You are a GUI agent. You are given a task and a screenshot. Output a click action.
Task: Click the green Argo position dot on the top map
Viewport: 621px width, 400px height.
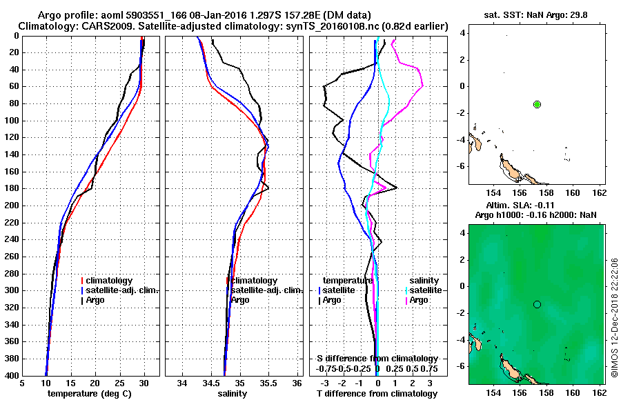point(537,104)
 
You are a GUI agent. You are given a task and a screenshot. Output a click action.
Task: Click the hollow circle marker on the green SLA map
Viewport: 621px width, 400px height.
point(537,304)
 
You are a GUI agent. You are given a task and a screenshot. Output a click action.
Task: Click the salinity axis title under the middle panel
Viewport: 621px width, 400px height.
point(232,394)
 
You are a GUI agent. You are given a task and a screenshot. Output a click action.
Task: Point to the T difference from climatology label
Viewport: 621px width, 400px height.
point(377,394)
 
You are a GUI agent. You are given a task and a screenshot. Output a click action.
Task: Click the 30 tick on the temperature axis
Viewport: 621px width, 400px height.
point(144,383)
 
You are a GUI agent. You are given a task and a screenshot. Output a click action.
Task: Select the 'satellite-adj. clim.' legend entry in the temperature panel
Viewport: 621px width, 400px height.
point(121,290)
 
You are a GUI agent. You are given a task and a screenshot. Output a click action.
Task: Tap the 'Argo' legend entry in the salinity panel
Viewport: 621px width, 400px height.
point(240,300)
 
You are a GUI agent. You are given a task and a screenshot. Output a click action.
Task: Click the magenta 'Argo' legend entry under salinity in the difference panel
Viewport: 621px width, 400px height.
point(419,300)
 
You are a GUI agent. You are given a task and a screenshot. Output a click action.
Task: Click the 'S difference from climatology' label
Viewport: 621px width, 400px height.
point(377,359)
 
